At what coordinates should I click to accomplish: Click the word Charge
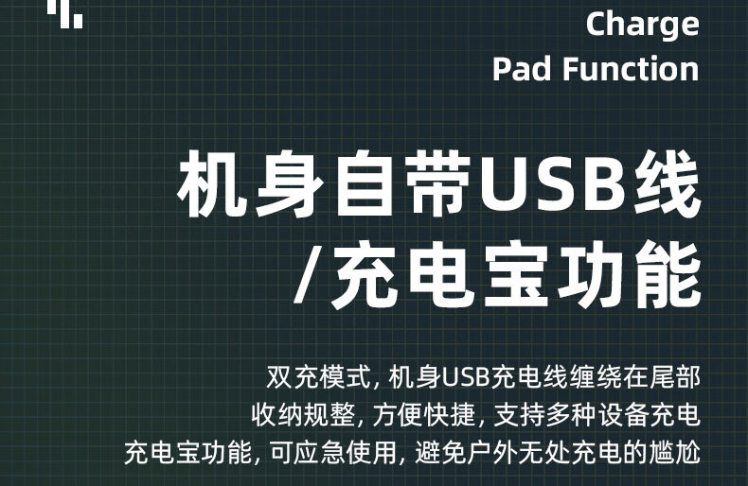pos(642,25)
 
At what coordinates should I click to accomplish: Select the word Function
pos(631,69)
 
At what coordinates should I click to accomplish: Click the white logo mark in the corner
pos(65,13)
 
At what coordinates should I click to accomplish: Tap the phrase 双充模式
pos(318,377)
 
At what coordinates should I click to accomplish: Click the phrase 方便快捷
pos(423,415)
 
